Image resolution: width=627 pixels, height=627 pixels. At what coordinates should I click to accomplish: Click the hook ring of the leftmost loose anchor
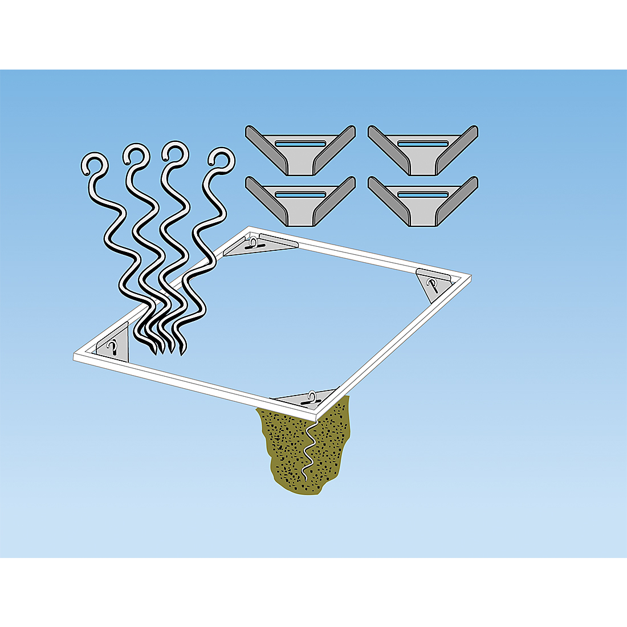[x=94, y=164]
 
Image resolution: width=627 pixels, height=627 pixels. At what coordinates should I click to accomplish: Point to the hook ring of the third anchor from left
[x=174, y=153]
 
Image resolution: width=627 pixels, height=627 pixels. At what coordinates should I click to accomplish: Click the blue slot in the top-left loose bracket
[x=300, y=142]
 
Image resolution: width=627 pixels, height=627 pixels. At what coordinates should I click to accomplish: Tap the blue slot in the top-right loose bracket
[x=423, y=142]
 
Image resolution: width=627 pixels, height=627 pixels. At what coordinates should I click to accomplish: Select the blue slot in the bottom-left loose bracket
[x=300, y=194]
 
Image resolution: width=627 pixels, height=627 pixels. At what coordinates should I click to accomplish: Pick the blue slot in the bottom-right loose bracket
[x=423, y=194]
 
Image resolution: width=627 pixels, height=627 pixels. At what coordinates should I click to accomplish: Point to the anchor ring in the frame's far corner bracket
[x=253, y=244]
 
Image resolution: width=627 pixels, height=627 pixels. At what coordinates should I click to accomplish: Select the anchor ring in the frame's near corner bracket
[x=312, y=396]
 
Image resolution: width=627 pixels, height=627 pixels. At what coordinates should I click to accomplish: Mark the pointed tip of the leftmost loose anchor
[x=154, y=353]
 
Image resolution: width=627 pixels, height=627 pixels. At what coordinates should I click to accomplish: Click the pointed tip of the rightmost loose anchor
[x=182, y=353]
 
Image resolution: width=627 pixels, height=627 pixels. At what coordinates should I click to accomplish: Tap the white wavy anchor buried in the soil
[x=311, y=450]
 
